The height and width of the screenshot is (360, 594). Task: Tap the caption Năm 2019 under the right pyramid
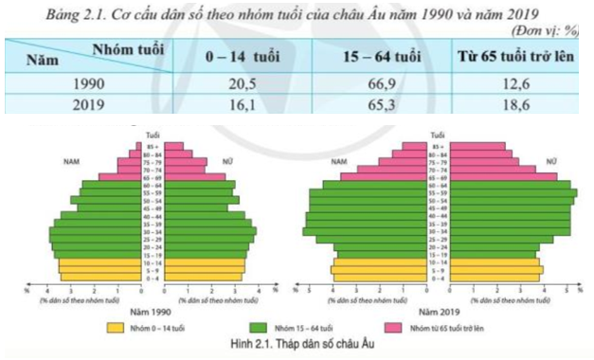point(435,311)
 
